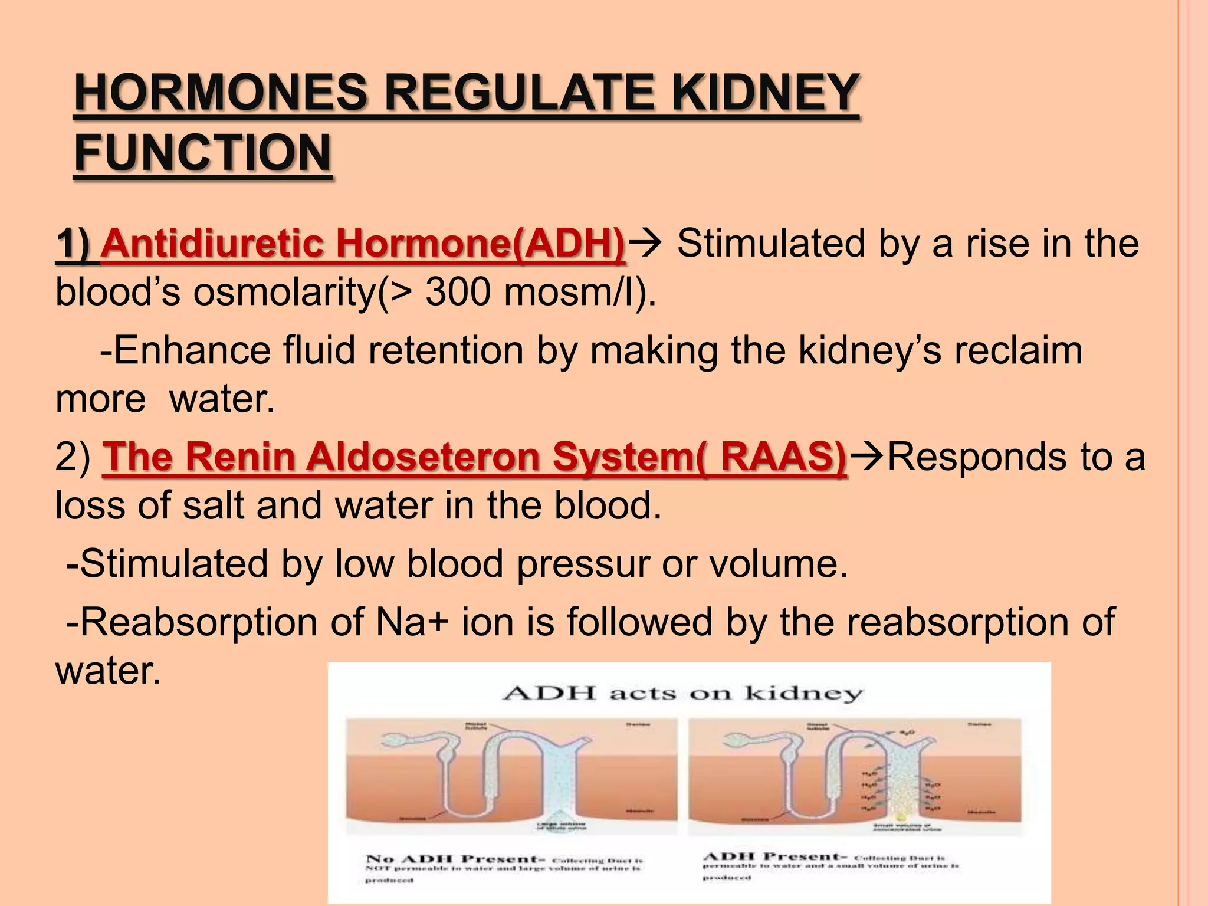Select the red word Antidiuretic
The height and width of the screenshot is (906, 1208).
click(212, 243)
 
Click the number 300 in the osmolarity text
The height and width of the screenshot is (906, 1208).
click(458, 291)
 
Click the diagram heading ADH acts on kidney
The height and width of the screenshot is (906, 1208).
click(683, 693)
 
